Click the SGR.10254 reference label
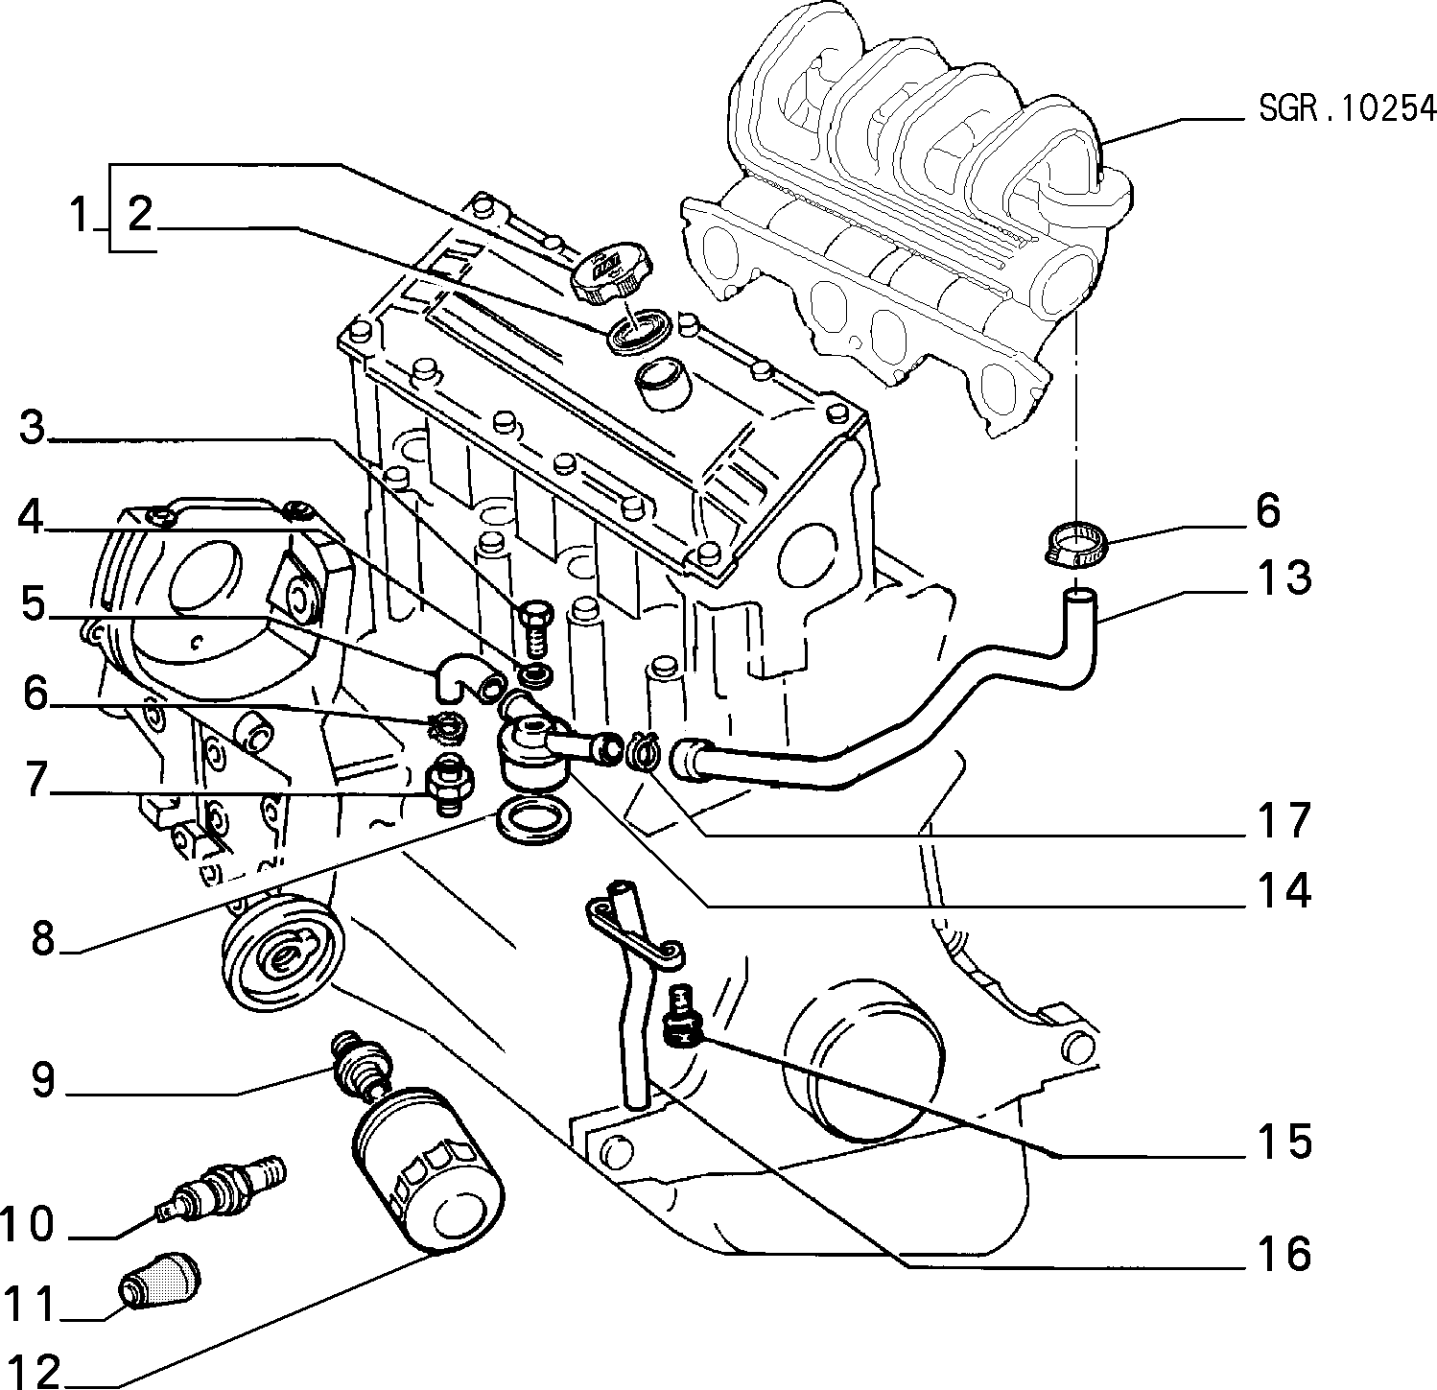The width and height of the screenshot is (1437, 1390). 1346,108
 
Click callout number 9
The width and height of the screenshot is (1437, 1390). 43,1080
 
